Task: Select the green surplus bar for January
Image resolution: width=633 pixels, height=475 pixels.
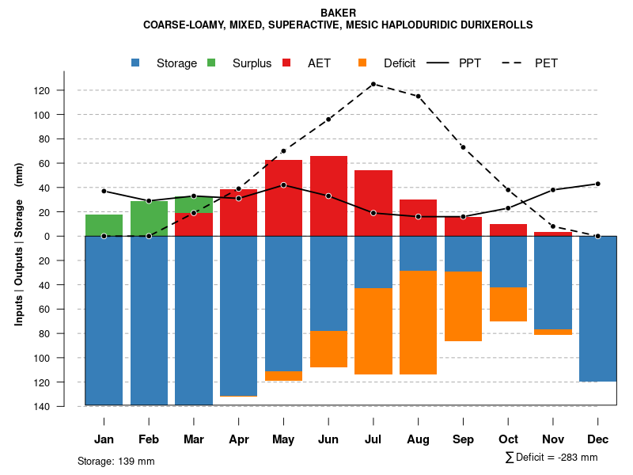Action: pyautogui.click(x=104, y=226)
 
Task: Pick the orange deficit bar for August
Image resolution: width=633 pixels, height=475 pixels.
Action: pyautogui.click(x=418, y=322)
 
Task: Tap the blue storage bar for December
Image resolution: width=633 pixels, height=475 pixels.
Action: pyautogui.click(x=597, y=309)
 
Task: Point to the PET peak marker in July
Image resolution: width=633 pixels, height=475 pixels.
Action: pyautogui.click(x=373, y=84)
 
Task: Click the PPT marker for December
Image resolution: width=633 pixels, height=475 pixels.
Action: pyautogui.click(x=597, y=184)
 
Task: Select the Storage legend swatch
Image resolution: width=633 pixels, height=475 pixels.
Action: pyautogui.click(x=137, y=63)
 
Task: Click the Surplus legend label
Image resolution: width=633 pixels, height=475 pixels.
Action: pyautogui.click(x=252, y=63)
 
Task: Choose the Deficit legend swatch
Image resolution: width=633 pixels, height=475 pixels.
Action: pyautogui.click(x=362, y=63)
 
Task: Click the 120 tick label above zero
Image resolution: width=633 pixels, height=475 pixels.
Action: pyautogui.click(x=64, y=91)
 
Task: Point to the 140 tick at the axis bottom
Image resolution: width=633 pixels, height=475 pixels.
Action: pyautogui.click(x=64, y=407)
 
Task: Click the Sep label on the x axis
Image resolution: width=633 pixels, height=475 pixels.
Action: pyautogui.click(x=463, y=439)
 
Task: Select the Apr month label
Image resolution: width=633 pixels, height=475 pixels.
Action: pyautogui.click(x=238, y=439)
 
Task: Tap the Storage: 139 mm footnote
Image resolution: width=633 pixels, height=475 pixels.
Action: pyautogui.click(x=116, y=461)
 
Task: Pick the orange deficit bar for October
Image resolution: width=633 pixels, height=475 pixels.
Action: pyautogui.click(x=508, y=304)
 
